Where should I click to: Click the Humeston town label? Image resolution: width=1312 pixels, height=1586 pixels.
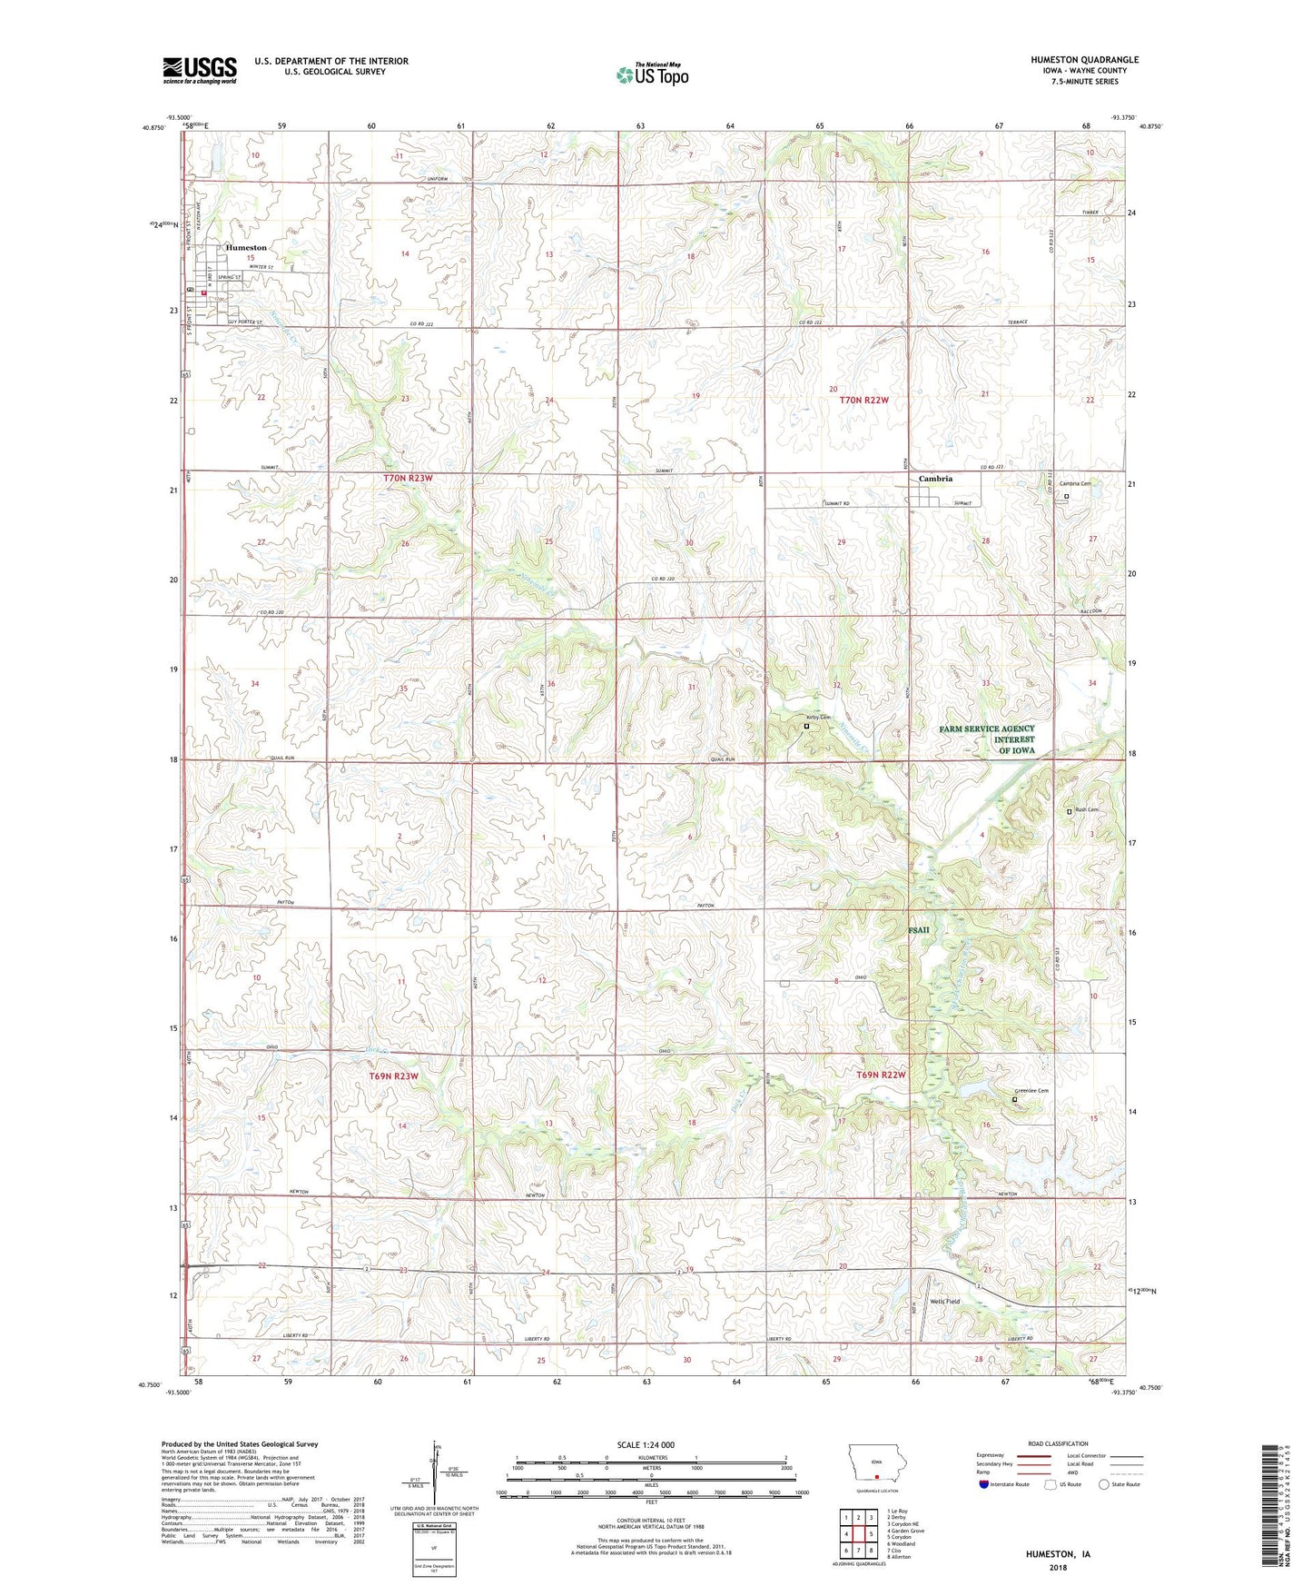pyautogui.click(x=246, y=247)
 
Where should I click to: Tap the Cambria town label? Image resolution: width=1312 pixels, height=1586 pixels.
pyautogui.click(x=935, y=479)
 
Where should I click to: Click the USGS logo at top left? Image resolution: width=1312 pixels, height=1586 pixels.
pyautogui.click(x=200, y=70)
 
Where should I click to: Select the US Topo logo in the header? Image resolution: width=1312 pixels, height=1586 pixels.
pyautogui.click(x=652, y=74)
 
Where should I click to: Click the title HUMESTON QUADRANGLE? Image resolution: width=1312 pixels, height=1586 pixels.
pyautogui.click(x=1084, y=60)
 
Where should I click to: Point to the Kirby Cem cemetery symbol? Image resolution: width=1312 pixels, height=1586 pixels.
pyautogui.click(x=806, y=727)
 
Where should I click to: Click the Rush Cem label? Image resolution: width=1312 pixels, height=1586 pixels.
pyautogui.click(x=1087, y=810)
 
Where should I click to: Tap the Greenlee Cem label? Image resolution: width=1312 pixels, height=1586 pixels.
pyautogui.click(x=1032, y=1091)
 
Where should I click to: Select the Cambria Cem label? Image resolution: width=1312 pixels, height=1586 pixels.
pyautogui.click(x=1075, y=484)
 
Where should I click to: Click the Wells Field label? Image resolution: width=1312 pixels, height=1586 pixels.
pyautogui.click(x=944, y=1302)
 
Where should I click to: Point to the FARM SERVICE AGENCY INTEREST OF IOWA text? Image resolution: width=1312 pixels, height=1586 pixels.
pyautogui.click(x=987, y=739)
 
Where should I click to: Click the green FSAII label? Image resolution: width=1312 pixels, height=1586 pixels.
pyautogui.click(x=919, y=930)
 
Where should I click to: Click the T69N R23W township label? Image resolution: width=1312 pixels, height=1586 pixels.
pyautogui.click(x=393, y=1076)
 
